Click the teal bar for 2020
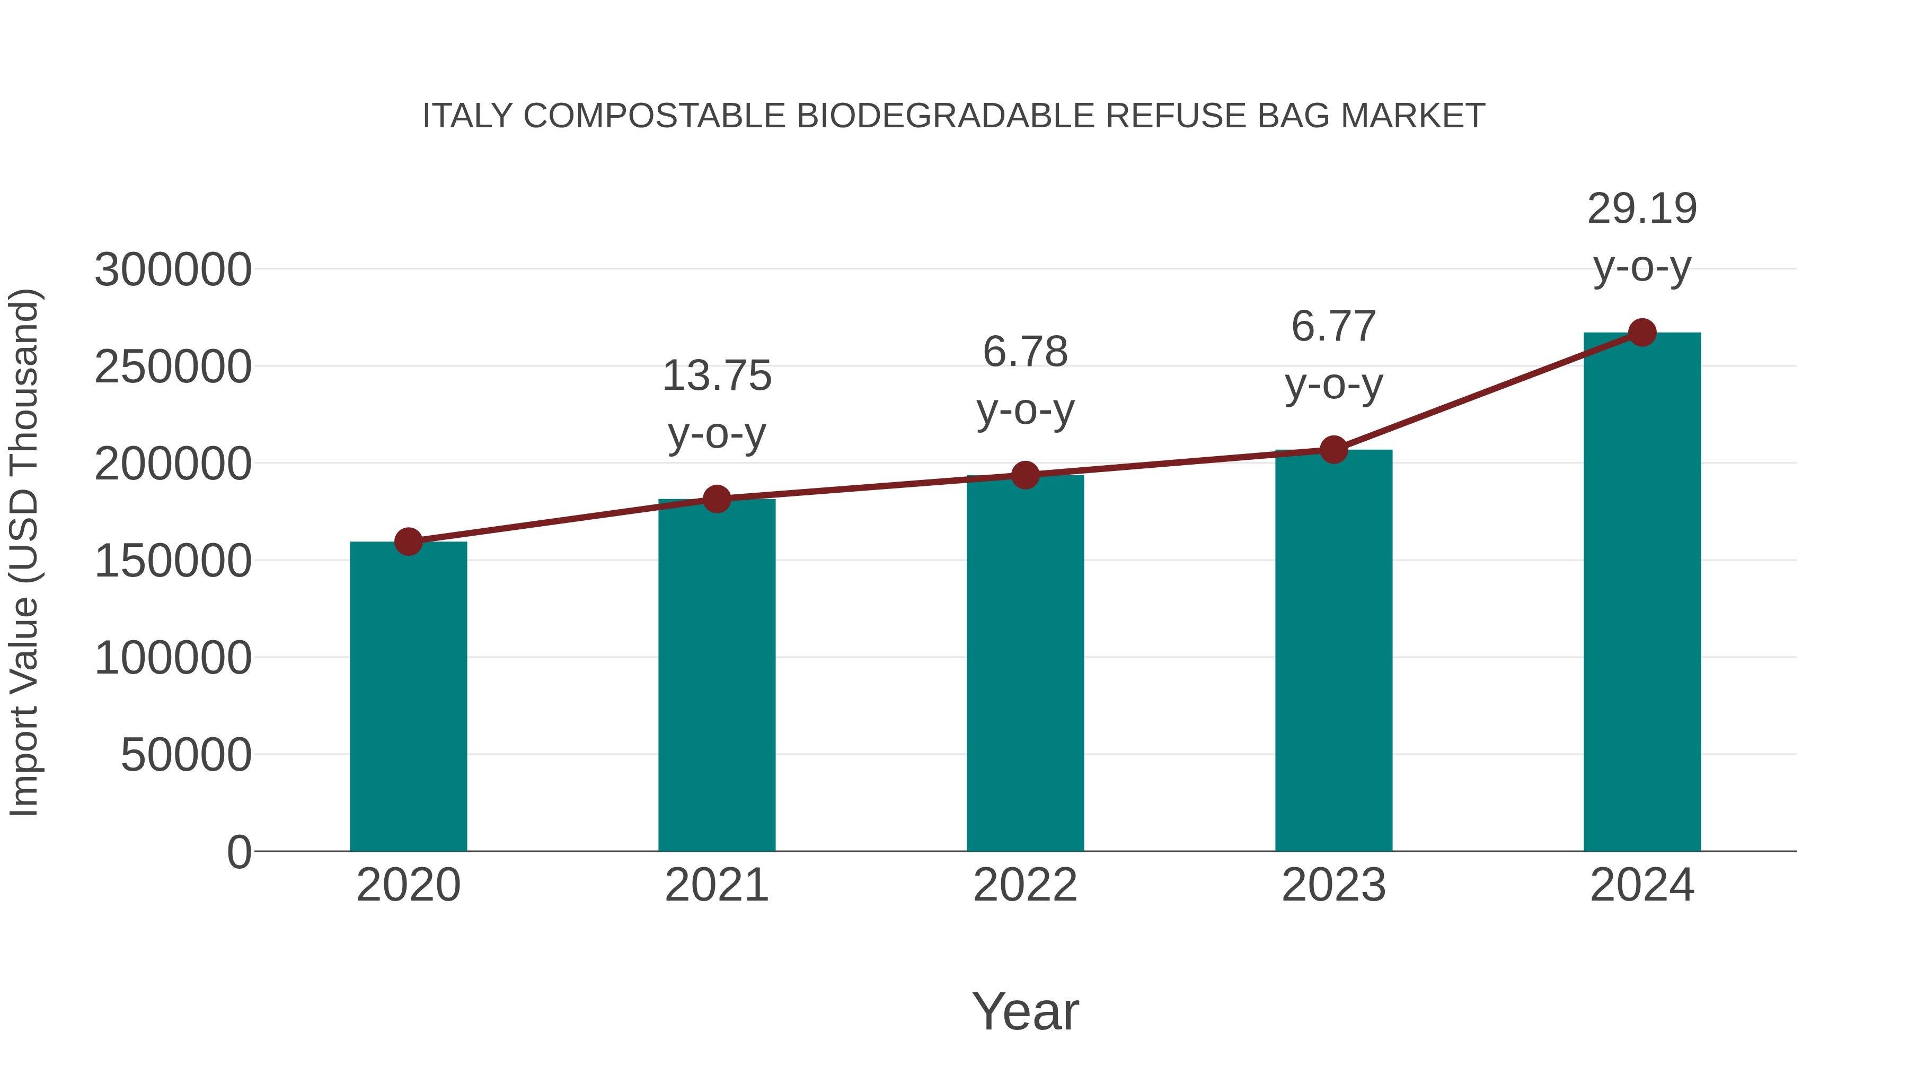pyautogui.click(x=408, y=697)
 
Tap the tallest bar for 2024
pyautogui.click(x=1642, y=593)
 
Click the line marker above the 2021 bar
pyautogui.click(x=716, y=499)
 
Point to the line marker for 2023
pyautogui.click(x=1333, y=449)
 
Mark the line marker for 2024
pyautogui.click(x=1642, y=333)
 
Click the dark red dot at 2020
pyautogui.click(x=408, y=542)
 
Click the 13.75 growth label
pyautogui.click(x=716, y=376)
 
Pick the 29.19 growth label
pyautogui.click(x=1642, y=209)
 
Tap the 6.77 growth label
pyautogui.click(x=1333, y=327)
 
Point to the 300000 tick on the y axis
pyautogui.click(x=173, y=270)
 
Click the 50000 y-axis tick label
pyautogui.click(x=186, y=755)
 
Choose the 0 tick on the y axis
pyautogui.click(x=238, y=852)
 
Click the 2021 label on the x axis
pyautogui.click(x=716, y=885)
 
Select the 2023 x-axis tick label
pyautogui.click(x=1333, y=885)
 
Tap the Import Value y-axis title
pyautogui.click(x=24, y=552)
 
